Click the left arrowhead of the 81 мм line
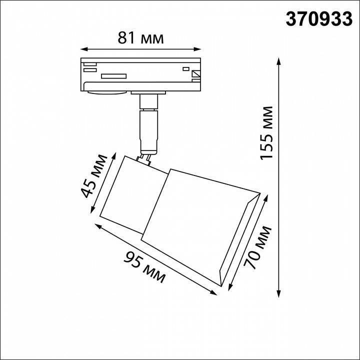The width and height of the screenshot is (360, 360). pyautogui.click(x=83, y=49)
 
